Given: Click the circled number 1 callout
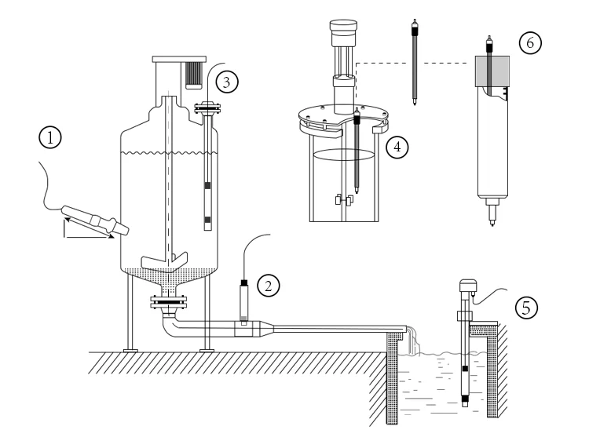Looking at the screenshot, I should [50, 139].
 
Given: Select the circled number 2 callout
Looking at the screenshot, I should [269, 284].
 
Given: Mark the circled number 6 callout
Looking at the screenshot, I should [529, 42].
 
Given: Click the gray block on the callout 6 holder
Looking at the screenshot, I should [490, 73].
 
